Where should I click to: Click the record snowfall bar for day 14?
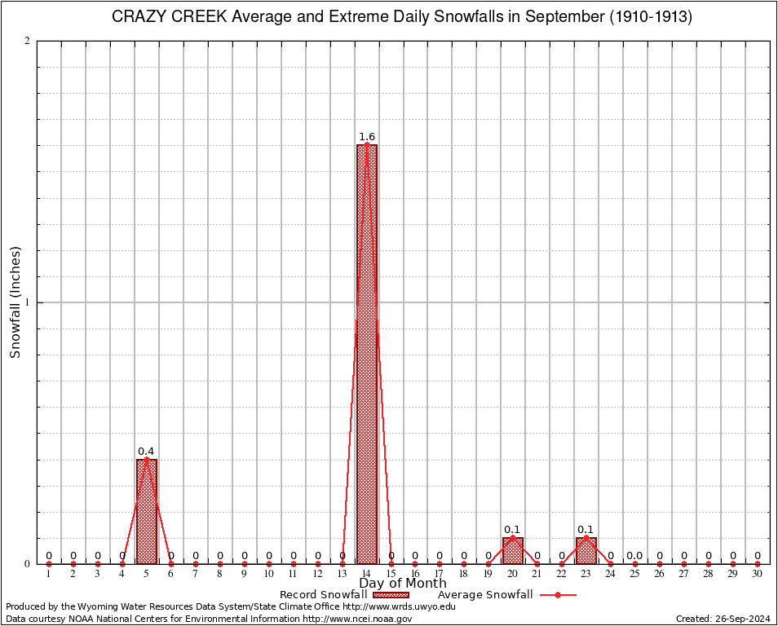(x=366, y=355)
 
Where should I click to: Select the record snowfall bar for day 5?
(x=147, y=511)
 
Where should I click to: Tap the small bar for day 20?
(x=512, y=550)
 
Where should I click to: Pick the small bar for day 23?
(x=586, y=550)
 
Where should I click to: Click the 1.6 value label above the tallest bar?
(x=367, y=137)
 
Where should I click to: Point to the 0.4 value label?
(x=146, y=452)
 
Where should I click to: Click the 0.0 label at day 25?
(x=634, y=556)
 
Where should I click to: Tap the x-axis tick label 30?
(x=757, y=574)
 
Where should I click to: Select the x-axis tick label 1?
(x=48, y=574)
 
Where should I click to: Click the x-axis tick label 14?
(x=366, y=574)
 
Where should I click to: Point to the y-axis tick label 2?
(x=27, y=42)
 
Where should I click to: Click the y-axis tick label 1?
(x=27, y=302)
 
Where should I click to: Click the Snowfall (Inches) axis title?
(x=15, y=302)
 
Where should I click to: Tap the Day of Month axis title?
(x=402, y=583)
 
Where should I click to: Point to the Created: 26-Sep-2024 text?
(x=723, y=619)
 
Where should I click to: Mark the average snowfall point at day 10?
(x=268, y=563)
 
